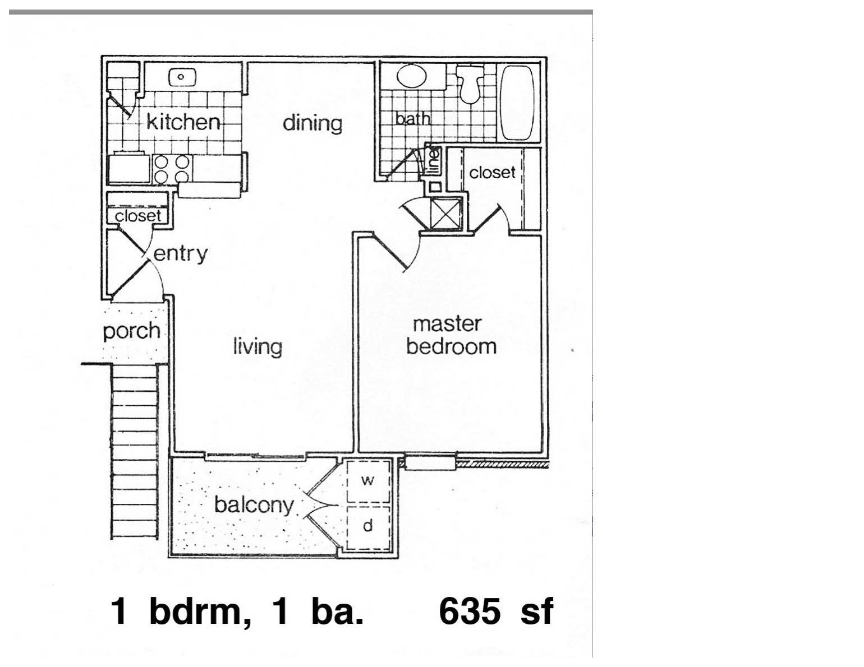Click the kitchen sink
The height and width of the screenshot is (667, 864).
click(181, 77)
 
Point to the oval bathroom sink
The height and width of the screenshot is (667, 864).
click(412, 77)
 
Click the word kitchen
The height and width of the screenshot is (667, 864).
click(183, 122)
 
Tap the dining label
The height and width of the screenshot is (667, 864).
click(312, 123)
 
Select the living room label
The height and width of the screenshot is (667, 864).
click(258, 346)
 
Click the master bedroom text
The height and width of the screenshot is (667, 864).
click(451, 335)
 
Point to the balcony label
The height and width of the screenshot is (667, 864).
click(254, 505)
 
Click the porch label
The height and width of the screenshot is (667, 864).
click(131, 331)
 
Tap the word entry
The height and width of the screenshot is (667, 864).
click(180, 254)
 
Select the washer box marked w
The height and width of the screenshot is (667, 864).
click(367, 481)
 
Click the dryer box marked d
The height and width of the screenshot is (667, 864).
click(367, 526)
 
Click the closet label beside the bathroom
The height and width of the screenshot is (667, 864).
click(491, 173)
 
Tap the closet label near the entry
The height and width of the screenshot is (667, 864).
click(137, 216)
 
